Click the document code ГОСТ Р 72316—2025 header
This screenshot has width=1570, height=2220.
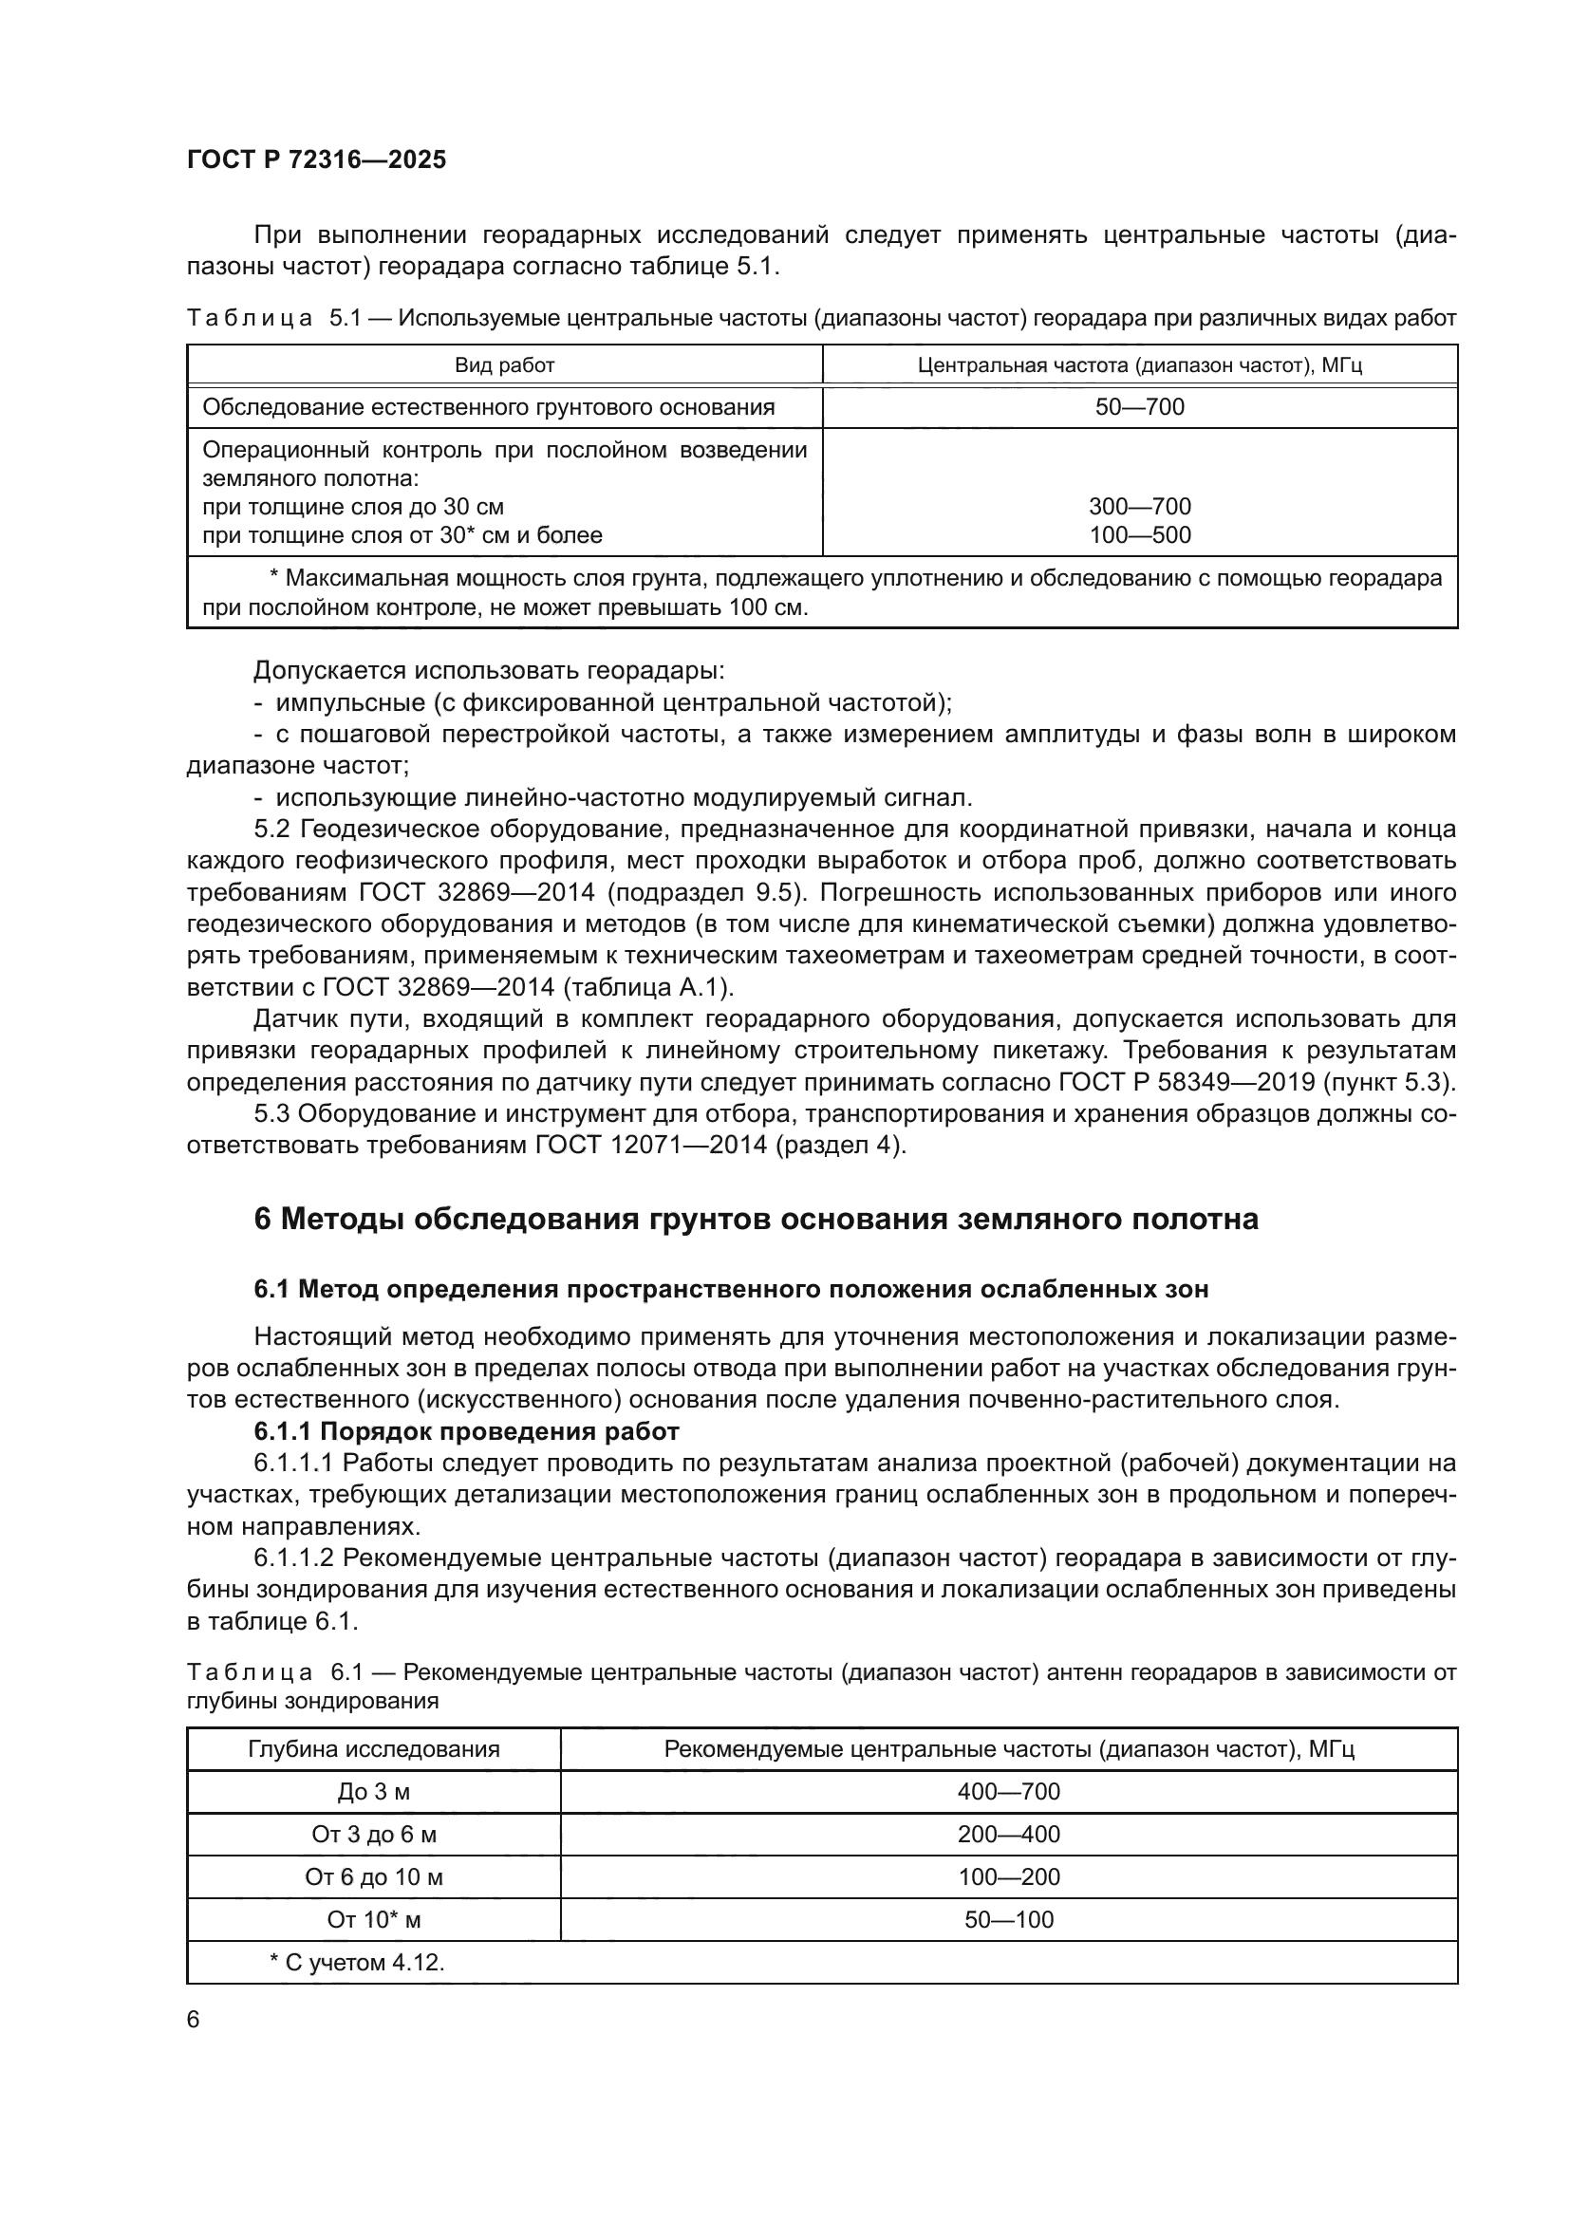tap(316, 159)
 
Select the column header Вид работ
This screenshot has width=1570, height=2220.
tap(504, 365)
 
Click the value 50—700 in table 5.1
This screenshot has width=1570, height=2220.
tap(1139, 407)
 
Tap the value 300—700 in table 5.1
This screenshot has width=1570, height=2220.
tap(1139, 507)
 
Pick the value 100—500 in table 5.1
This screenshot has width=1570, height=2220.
tap(1139, 534)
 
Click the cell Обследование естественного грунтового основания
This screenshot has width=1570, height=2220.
tap(488, 407)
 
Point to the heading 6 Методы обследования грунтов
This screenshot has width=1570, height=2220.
tap(755, 1220)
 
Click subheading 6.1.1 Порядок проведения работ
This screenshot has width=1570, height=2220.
tap(467, 1431)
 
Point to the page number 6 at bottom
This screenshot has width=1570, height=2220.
tap(194, 2020)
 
